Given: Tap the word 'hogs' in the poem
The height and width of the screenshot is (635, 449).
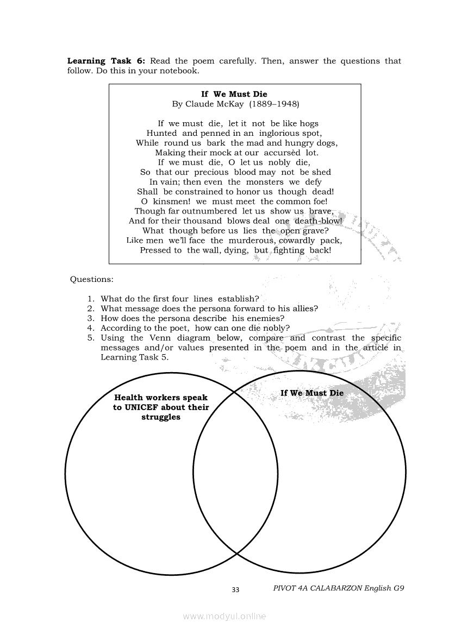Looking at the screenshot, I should pyautogui.click(x=308, y=123).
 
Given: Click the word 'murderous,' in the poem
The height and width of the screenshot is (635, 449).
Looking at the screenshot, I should pyautogui.click(x=251, y=240).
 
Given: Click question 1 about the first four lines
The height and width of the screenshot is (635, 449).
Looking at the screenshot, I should pyautogui.click(x=180, y=299).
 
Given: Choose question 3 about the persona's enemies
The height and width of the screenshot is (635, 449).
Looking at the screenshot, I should pyautogui.click(x=192, y=318).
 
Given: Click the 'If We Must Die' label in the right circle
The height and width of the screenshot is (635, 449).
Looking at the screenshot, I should pyautogui.click(x=312, y=393).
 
